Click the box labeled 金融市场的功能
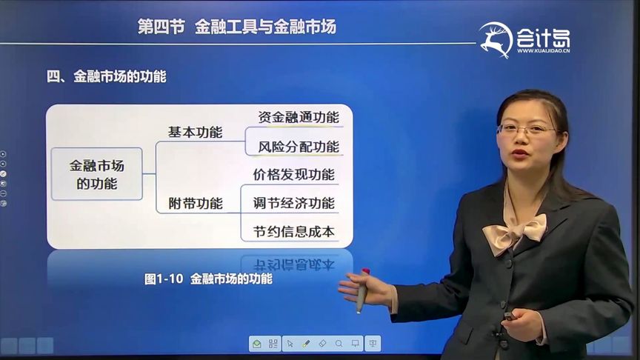point(96,174)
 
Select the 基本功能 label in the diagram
point(195,133)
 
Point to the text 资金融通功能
point(299,117)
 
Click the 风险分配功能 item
point(299,147)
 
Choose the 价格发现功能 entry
point(293,175)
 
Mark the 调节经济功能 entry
point(293,203)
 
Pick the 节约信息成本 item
point(293,231)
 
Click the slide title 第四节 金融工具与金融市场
point(237,27)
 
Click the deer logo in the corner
point(496,39)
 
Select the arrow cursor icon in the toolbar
point(290,344)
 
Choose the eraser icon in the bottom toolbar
point(322,344)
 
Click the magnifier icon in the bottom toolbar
point(339,344)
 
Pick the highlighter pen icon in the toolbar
point(306,344)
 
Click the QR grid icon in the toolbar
point(273,344)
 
